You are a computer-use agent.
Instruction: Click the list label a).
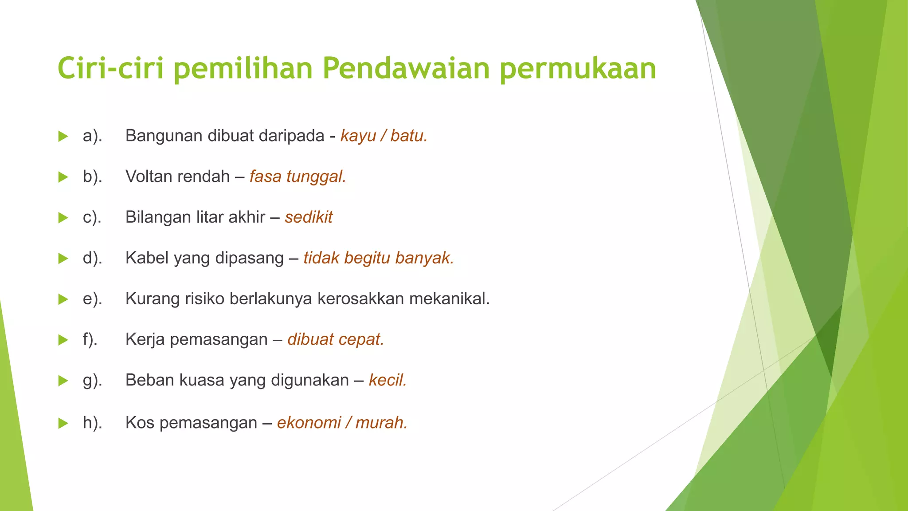(92, 136)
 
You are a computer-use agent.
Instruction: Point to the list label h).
(92, 423)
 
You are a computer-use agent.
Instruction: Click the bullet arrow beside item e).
(63, 299)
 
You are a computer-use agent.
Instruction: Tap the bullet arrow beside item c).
(63, 218)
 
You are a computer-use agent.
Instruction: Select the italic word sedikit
(309, 217)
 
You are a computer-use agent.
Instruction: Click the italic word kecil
(387, 381)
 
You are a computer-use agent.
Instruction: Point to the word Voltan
(147, 177)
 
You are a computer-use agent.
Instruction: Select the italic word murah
(381, 423)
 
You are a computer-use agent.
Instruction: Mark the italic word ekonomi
(309, 423)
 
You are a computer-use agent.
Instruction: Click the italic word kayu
(358, 136)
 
